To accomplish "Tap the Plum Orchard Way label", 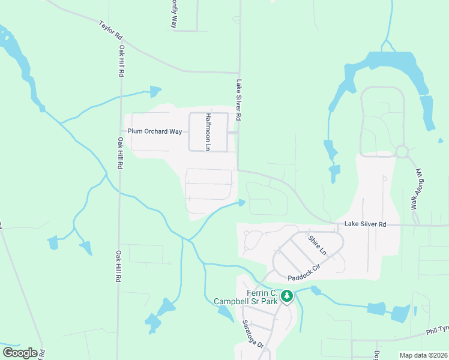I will click(x=154, y=131).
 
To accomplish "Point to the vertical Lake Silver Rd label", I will click(x=239, y=101).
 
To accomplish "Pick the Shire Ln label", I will click(x=316, y=244).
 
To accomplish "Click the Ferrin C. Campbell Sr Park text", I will click(x=246, y=297).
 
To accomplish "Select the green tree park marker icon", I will click(x=288, y=296).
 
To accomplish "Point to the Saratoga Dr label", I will click(x=253, y=333).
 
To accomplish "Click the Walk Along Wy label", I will click(x=417, y=189).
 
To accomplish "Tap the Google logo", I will click(x=20, y=353).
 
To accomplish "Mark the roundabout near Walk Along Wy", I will click(x=402, y=151).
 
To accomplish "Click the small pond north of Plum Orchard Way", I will click(x=155, y=92).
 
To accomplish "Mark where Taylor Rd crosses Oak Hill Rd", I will click(x=121, y=46).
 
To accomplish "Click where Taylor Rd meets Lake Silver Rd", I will click(x=240, y=72).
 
